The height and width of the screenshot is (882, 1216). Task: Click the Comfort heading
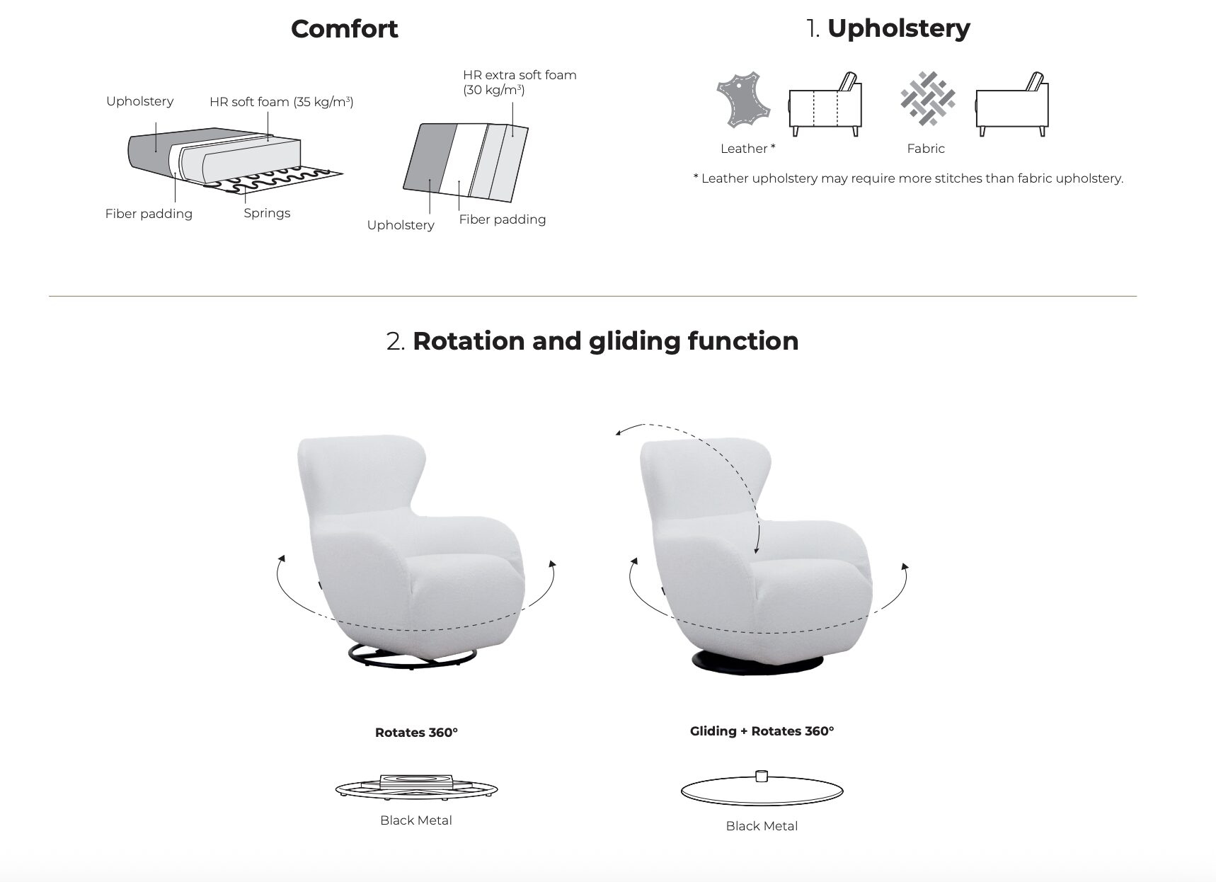pyautogui.click(x=344, y=29)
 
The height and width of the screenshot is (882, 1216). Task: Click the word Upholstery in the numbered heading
pyautogui.click(x=898, y=29)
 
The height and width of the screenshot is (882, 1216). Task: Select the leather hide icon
pyautogui.click(x=742, y=100)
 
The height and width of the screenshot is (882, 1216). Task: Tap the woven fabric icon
pyautogui.click(x=928, y=98)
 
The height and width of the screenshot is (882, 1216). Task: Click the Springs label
pyautogui.click(x=267, y=213)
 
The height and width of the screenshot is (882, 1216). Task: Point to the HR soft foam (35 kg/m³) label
pyautogui.click(x=282, y=102)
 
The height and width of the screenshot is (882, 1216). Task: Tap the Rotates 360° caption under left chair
pyautogui.click(x=416, y=733)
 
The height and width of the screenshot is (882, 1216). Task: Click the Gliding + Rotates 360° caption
pyautogui.click(x=762, y=731)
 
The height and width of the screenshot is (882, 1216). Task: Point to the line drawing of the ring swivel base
pyautogui.click(x=416, y=787)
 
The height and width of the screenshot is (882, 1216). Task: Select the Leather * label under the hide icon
pyautogui.click(x=747, y=149)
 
